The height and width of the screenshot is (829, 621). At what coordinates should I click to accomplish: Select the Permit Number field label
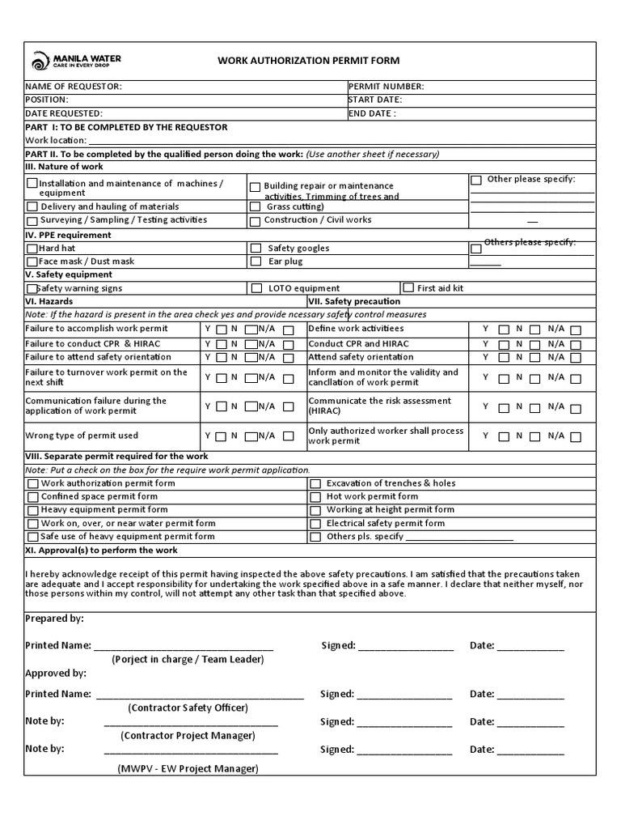pos(386,87)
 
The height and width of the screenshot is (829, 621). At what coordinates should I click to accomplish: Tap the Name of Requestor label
pos(74,87)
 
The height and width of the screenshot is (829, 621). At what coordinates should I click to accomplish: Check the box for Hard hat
pos(32,249)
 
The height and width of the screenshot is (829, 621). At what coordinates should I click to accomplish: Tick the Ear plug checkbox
pos(255,261)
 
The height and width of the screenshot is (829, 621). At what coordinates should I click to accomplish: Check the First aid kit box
pos(408,287)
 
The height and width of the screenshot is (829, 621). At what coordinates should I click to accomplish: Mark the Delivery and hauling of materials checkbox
pos(32,207)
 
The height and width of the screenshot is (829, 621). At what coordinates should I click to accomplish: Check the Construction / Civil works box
pos(255,220)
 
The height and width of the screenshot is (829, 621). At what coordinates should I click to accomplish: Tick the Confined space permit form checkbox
pos(32,497)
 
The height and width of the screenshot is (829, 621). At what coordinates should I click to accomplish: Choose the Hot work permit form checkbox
pos(315,497)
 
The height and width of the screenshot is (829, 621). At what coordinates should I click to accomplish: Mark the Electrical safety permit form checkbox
pos(315,524)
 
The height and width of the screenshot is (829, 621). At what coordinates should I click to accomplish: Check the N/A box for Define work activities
pos(575,329)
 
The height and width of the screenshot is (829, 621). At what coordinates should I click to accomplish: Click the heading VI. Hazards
pos(49,301)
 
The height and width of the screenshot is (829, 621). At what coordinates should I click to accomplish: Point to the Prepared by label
pos(54,619)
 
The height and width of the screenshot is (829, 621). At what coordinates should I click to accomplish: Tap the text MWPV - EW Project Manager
pos(188,767)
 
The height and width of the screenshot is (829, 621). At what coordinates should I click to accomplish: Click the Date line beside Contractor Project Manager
pos(530,722)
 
